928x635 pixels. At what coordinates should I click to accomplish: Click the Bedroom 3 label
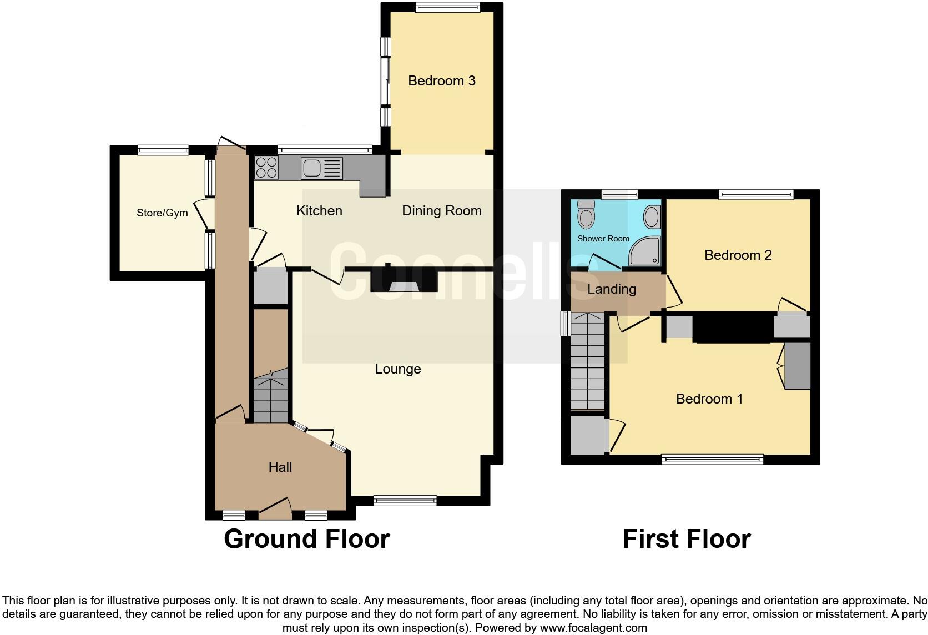(441, 81)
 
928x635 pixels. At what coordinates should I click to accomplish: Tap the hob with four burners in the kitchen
(266, 167)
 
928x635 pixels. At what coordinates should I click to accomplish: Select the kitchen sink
(322, 169)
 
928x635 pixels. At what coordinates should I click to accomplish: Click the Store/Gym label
(162, 213)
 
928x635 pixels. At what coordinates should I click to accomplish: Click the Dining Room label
(441, 211)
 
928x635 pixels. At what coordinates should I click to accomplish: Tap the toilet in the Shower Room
(586, 214)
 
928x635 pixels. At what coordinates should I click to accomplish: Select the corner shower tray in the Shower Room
(644, 251)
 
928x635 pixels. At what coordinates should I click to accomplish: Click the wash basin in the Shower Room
(653, 217)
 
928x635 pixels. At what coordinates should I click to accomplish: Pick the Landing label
(611, 289)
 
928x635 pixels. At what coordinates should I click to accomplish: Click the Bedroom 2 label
(738, 255)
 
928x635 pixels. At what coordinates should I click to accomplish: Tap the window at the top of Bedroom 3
(447, 7)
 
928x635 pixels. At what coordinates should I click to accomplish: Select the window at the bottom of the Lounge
(405, 501)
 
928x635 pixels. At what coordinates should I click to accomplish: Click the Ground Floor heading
(306, 539)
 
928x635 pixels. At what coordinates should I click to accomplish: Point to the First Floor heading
(686, 539)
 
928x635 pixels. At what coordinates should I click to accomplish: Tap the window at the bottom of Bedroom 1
(712, 459)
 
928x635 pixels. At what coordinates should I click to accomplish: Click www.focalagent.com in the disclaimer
(593, 628)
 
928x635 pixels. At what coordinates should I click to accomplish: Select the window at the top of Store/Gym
(163, 149)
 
